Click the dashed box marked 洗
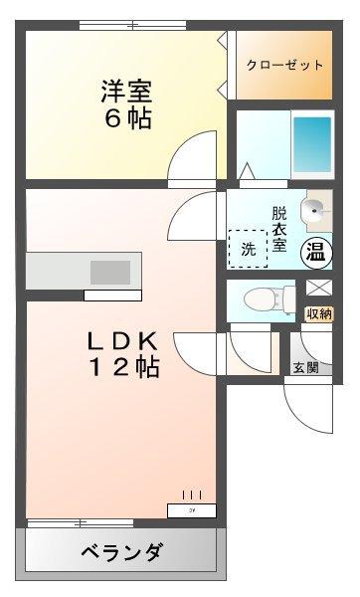click(x=249, y=249)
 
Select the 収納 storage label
click(x=318, y=314)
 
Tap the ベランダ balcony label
click(x=120, y=552)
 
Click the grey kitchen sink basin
click(x=110, y=272)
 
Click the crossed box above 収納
click(x=318, y=290)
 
